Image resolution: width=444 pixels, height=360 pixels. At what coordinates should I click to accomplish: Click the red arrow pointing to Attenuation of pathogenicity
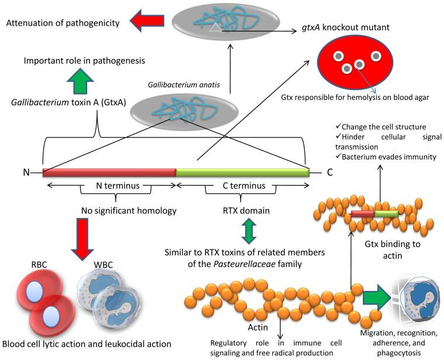pos(147,20)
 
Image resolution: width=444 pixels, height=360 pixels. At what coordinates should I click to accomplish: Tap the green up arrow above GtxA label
pos(80,81)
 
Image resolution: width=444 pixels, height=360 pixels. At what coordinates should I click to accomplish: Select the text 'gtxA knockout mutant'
pos(345,27)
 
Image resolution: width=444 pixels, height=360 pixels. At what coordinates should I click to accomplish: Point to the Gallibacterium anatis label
pos(184,85)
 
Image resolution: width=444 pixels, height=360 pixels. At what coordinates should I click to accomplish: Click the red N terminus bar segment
pos(109,172)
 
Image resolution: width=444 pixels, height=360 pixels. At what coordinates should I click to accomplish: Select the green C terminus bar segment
pos(242,172)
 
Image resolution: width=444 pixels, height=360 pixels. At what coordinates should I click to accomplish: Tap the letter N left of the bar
pos(26,172)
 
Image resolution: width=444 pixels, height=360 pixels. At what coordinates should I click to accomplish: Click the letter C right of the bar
pos(329,172)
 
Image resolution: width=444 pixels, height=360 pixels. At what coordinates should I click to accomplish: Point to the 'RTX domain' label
pos(246,210)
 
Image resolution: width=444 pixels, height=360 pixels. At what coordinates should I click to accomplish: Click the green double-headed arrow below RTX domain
pos(249,231)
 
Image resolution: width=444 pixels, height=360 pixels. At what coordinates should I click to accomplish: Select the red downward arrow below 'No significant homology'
pos(82,239)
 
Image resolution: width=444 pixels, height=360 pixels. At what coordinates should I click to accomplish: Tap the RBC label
pos(39,265)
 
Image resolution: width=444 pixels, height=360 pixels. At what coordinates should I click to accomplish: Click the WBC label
pos(103,265)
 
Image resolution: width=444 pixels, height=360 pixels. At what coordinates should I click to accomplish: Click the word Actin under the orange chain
pos(258,327)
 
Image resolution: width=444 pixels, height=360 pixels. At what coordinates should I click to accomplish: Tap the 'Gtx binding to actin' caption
pos(393,250)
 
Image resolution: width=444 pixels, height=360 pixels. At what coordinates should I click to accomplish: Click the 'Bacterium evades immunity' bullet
pos(386,157)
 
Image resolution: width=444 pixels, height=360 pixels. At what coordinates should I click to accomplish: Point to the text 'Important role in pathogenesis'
pos(84,61)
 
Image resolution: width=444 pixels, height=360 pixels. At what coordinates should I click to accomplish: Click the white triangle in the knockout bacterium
pos(215,27)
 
